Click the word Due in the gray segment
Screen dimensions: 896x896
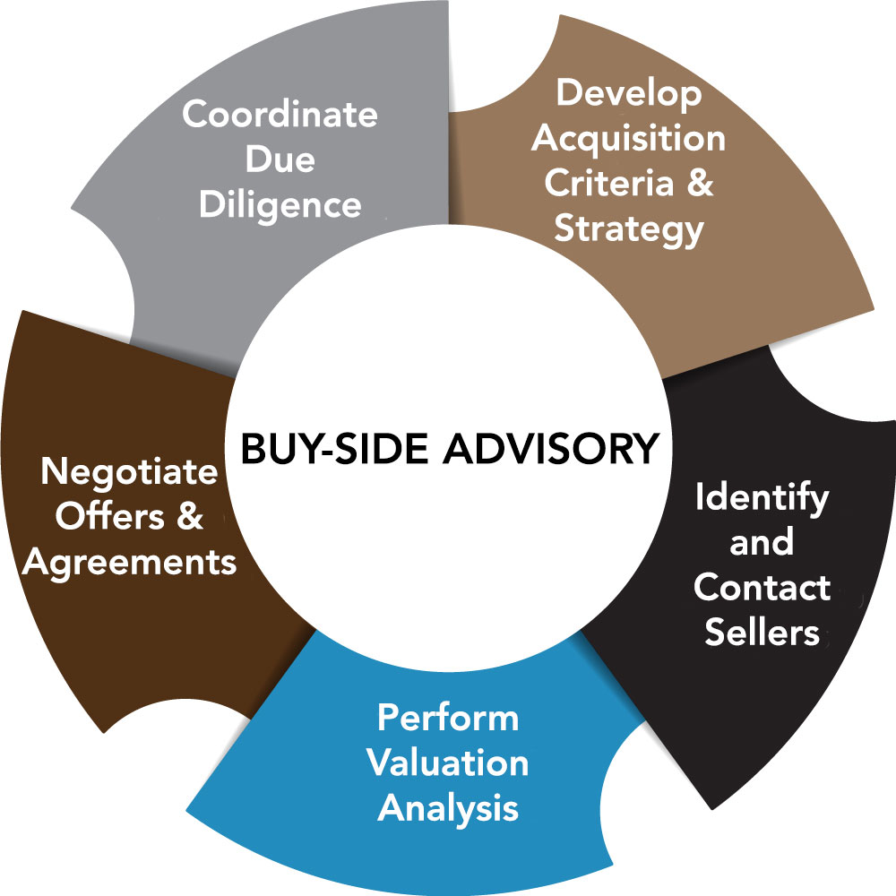click(280, 161)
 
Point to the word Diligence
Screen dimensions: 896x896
click(280, 206)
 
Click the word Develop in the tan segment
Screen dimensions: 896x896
click(629, 94)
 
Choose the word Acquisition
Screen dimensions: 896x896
click(635, 139)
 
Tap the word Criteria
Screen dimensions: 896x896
click(611, 183)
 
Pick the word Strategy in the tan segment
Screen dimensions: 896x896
click(628, 228)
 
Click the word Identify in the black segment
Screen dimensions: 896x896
click(762, 499)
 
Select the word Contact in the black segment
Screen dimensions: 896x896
click(762, 589)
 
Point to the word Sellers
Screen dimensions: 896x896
click(762, 633)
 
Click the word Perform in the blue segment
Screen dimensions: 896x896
click(448, 718)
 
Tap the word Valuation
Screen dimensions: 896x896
click(448, 762)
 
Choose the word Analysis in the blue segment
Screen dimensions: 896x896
click(448, 807)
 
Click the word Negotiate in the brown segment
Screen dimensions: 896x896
click(130, 472)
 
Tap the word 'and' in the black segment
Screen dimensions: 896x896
click(762, 544)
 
